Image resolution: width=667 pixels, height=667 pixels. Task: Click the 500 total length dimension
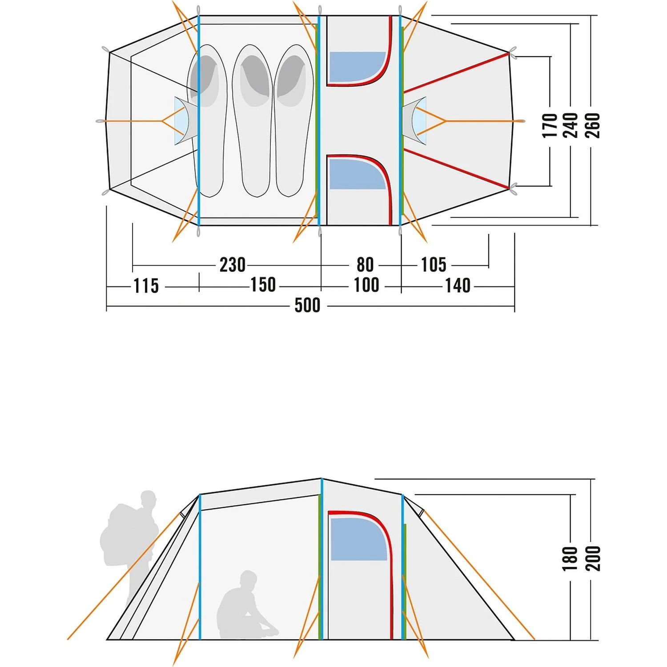point(307,305)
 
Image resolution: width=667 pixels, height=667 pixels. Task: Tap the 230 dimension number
point(233,265)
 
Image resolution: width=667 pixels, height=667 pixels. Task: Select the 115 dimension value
point(146,285)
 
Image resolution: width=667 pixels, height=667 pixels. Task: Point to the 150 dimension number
point(263,285)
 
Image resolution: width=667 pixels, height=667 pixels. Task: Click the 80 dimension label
point(365,265)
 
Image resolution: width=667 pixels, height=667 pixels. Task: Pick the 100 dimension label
point(366,285)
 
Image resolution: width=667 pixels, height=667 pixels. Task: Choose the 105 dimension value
point(434,265)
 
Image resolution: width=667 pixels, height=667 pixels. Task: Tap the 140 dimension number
point(458,285)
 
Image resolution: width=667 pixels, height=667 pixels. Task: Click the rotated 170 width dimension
point(550,125)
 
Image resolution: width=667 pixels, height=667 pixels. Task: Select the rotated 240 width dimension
point(571,125)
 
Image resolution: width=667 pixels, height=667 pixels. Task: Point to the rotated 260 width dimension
point(592,125)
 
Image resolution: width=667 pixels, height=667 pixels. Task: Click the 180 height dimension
point(570,559)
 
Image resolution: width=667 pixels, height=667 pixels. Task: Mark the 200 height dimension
point(593,559)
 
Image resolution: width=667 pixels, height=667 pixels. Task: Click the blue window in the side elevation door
point(358,539)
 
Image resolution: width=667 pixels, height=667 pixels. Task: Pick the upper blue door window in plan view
point(358,67)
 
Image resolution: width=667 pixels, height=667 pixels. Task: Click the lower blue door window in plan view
point(358,174)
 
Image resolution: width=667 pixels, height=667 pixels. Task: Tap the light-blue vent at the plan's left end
point(182,121)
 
